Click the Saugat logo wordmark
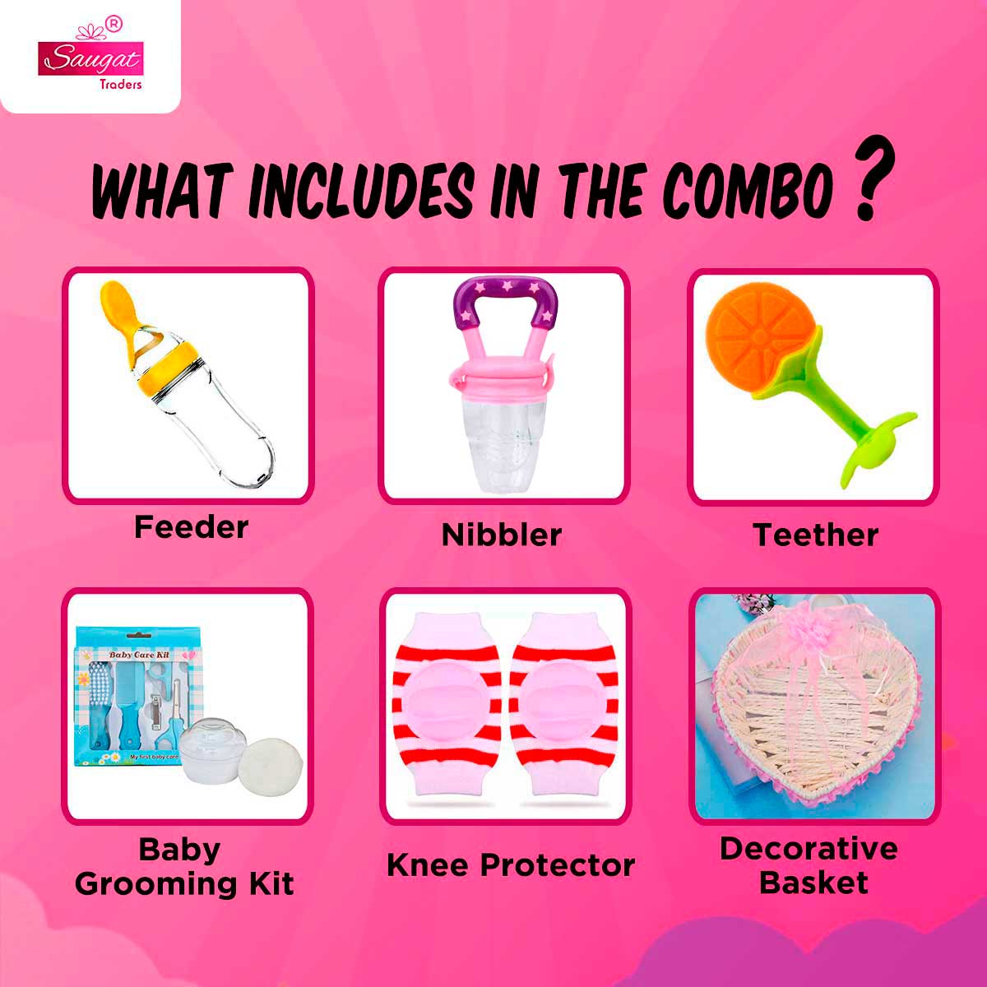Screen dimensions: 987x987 [90, 59]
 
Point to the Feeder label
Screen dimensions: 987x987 [191, 527]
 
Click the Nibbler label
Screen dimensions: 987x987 [502, 535]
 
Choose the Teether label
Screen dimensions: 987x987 [815, 535]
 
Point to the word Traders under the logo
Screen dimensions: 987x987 [121, 84]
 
